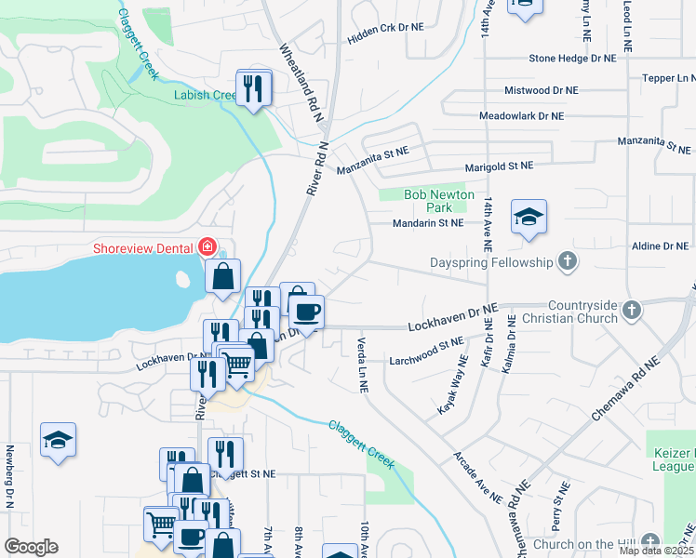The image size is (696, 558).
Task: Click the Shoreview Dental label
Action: (x=143, y=247)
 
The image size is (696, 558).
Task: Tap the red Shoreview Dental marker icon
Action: (x=207, y=247)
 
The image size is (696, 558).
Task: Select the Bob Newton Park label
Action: (x=439, y=201)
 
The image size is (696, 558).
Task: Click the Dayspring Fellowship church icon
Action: (x=566, y=262)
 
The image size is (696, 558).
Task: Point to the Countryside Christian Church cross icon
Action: (x=632, y=309)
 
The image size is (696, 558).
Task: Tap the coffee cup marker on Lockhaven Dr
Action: (x=306, y=312)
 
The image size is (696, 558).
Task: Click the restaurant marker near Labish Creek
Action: (x=253, y=88)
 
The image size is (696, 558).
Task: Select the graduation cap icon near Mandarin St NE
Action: (x=529, y=219)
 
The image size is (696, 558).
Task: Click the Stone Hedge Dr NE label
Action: (x=572, y=58)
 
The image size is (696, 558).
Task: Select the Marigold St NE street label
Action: (x=500, y=166)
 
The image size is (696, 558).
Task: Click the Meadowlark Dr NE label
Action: (x=521, y=116)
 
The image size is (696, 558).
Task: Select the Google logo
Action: (x=31, y=547)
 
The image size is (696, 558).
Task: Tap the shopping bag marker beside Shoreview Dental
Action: (x=223, y=276)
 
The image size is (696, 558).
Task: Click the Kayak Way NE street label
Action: (x=452, y=392)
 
